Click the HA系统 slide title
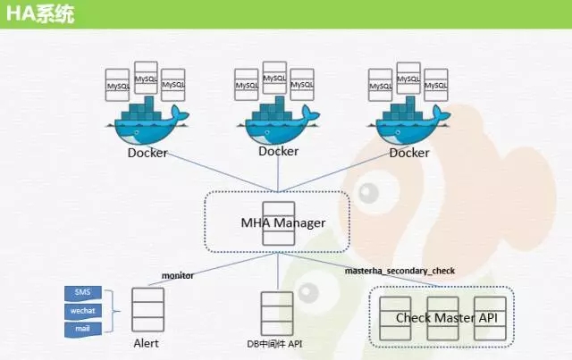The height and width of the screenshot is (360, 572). (40, 14)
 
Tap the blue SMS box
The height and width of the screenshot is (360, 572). (83, 293)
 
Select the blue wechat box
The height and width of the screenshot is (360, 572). (83, 311)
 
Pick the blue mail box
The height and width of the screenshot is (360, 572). (83, 329)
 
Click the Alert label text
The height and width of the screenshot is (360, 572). (146, 343)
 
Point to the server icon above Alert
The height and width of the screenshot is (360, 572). (147, 310)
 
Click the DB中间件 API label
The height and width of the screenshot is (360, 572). (274, 344)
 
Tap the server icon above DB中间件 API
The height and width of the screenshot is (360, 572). (277, 314)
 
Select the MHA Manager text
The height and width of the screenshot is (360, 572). (283, 222)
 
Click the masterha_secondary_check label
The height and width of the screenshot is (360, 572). (400, 271)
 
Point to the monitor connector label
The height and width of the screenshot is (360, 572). (178, 275)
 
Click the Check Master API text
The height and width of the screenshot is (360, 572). (447, 318)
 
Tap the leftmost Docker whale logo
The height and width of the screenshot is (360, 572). (147, 121)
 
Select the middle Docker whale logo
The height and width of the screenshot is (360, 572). (278, 121)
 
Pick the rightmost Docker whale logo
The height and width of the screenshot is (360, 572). (409, 121)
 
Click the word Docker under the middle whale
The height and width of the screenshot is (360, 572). (278, 151)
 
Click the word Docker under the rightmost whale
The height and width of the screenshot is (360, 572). (409, 153)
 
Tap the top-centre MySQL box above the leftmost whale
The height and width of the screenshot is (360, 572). (146, 78)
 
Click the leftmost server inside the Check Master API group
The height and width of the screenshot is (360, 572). (395, 318)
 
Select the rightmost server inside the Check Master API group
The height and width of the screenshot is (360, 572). (490, 318)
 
